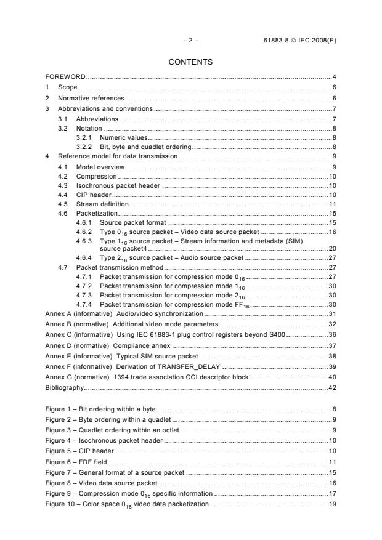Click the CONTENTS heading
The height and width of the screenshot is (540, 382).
tap(190, 62)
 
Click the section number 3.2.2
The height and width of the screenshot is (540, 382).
tap(84, 147)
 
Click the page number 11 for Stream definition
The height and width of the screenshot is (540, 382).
tap(332, 204)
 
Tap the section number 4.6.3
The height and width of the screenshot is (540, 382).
tap(84, 241)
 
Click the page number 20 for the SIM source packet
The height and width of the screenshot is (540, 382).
tap(332, 248)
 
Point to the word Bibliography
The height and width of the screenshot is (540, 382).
tap(64, 388)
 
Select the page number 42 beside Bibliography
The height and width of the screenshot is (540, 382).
tap(332, 388)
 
